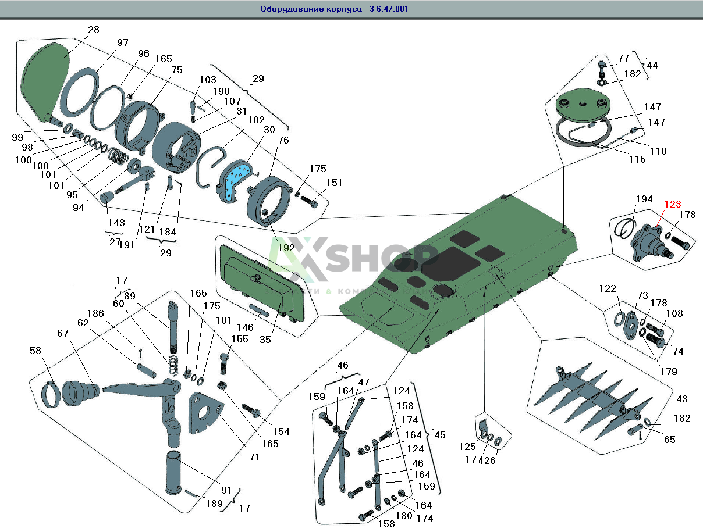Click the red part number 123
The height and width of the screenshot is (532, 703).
(673, 204)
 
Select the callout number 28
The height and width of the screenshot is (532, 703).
(94, 30)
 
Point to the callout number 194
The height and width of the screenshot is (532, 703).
(644, 199)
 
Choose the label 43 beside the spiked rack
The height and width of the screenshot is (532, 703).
(681, 399)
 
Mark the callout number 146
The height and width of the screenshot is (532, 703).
(244, 327)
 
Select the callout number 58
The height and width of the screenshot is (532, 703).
(36, 351)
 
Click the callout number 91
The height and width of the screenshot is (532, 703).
(226, 490)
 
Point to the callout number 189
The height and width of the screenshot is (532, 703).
(214, 504)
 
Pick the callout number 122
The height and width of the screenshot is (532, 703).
(607, 289)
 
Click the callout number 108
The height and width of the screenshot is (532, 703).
(674, 314)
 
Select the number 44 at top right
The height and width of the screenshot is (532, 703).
(652, 66)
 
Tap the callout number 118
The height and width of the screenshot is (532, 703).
(658, 151)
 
